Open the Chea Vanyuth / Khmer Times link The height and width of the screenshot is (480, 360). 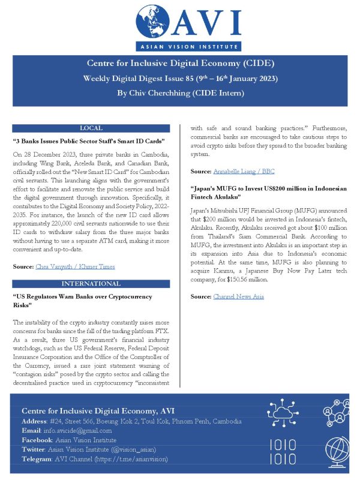click(75, 266)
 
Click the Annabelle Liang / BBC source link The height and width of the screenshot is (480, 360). click(244, 172)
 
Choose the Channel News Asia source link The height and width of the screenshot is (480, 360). click(239, 296)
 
